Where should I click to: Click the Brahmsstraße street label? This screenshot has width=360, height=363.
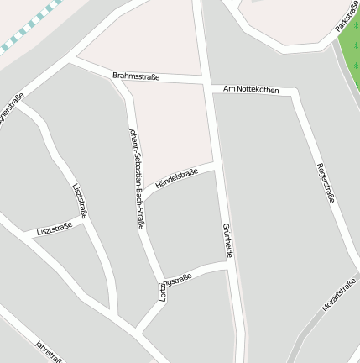135,76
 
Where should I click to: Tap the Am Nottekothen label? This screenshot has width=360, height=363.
252,88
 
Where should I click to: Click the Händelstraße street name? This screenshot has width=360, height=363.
176,178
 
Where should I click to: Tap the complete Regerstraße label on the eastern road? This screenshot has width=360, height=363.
326,182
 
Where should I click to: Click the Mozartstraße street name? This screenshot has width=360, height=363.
339,296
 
